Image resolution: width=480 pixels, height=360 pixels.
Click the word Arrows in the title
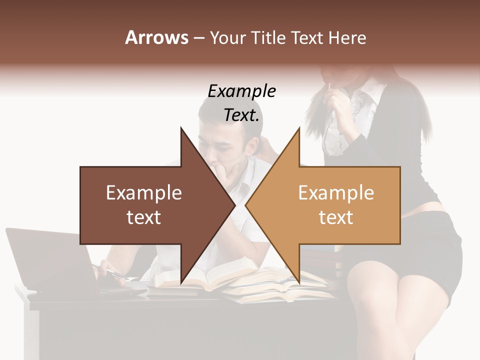156,37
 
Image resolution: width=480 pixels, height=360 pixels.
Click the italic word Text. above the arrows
242,115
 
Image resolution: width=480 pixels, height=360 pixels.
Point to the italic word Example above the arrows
242,91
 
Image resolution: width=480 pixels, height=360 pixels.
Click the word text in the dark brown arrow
144,217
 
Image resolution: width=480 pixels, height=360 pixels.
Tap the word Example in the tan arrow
336,193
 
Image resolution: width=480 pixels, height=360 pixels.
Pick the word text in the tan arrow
336,217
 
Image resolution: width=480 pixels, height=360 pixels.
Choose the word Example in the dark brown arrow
144,193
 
